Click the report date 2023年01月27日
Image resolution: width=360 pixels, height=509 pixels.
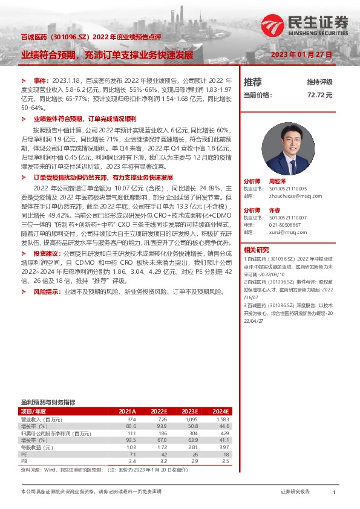coord(303,54)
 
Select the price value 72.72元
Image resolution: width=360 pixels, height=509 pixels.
coord(320,95)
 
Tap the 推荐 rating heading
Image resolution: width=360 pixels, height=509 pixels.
coord(253,82)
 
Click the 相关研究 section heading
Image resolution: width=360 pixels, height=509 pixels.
coord(257,249)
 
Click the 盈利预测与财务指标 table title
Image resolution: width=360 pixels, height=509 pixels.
coord(48,402)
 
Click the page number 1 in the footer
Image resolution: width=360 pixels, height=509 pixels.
coord(333,493)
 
